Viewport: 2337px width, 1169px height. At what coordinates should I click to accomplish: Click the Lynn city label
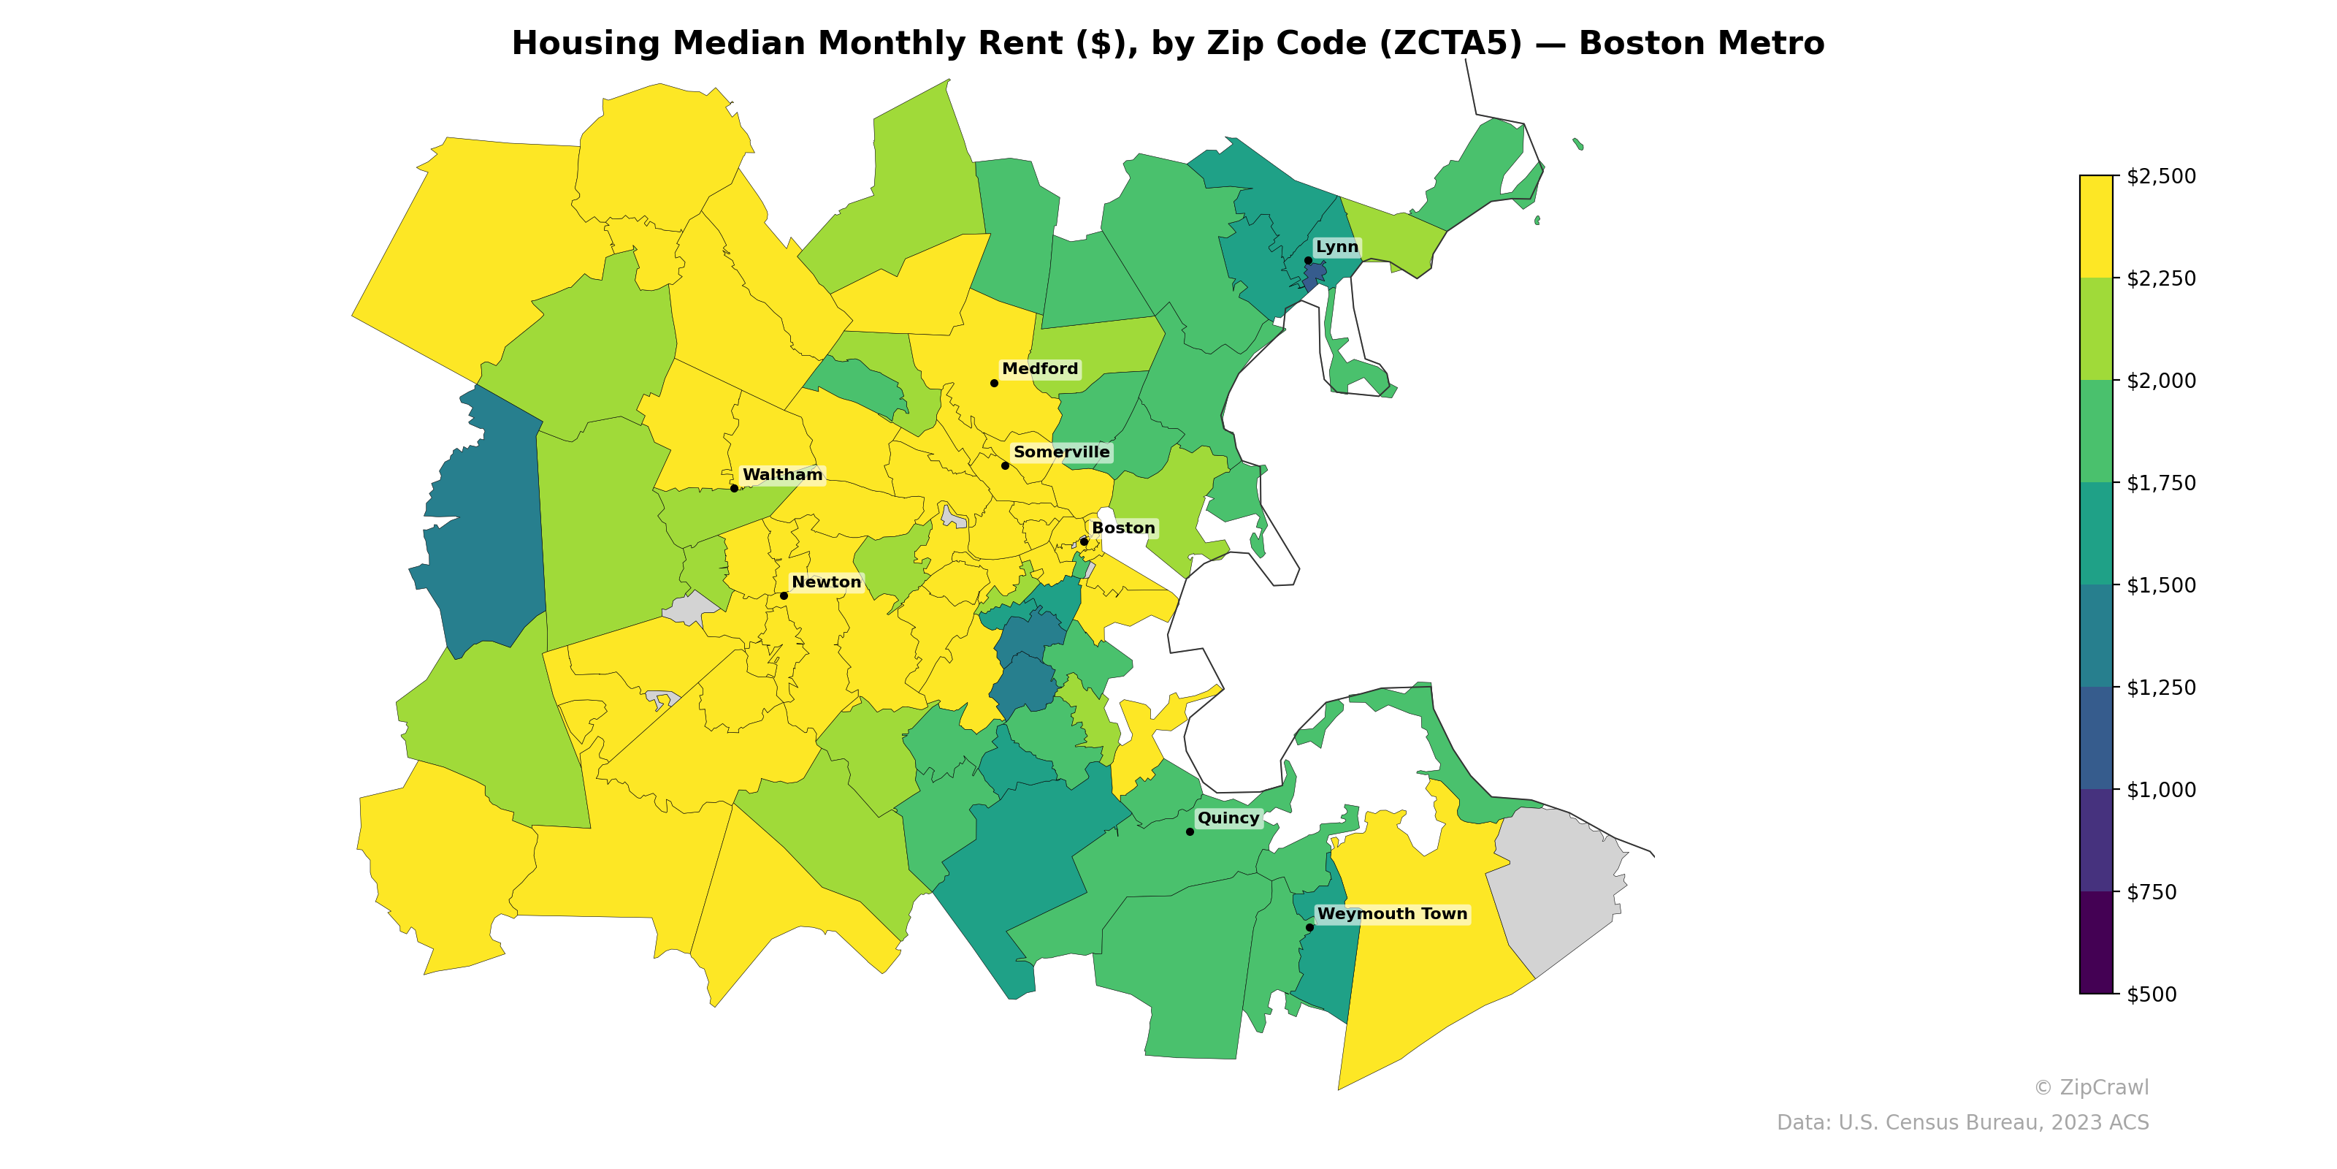[1336, 247]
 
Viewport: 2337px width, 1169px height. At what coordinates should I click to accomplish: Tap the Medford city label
[1040, 368]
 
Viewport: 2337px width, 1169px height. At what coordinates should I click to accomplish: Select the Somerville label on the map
[1060, 452]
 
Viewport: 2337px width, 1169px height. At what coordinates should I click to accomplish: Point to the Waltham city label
[782, 475]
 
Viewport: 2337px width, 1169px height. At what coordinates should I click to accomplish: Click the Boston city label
[1123, 528]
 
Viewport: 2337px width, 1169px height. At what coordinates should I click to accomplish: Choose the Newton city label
[825, 582]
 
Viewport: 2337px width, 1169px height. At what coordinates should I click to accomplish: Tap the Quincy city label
[1228, 818]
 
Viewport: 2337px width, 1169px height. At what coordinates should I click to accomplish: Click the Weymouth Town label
[1392, 914]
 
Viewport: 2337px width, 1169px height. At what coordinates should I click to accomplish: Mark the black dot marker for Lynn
[1308, 261]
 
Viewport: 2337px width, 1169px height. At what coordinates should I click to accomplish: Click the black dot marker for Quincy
[1190, 831]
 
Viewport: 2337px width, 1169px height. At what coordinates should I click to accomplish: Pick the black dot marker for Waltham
[734, 488]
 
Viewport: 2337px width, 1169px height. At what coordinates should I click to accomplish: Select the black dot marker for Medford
[994, 383]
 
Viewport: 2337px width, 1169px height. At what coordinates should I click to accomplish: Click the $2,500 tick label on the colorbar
[2161, 176]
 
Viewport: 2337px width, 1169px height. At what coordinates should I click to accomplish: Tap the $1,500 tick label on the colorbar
[2161, 585]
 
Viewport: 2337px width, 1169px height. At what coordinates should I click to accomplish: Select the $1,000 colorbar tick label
[2161, 790]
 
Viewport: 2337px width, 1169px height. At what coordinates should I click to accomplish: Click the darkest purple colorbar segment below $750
[2096, 942]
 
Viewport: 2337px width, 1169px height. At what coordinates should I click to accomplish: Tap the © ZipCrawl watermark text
[2091, 1087]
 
